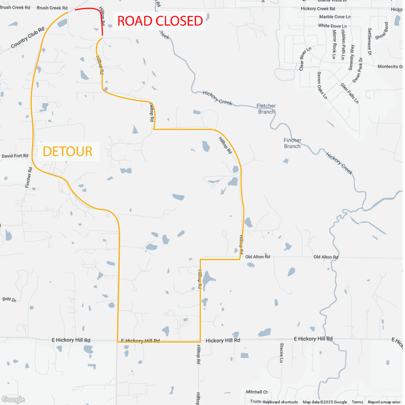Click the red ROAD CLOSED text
click(160, 21)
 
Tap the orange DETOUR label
click(67, 151)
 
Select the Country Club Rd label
click(28, 38)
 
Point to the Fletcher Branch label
click(266, 109)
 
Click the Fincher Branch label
click(292, 143)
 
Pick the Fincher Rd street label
click(29, 178)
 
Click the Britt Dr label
click(9, 300)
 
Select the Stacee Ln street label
click(281, 353)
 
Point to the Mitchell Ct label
click(256, 392)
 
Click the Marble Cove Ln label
click(335, 17)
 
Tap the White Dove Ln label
click(332, 26)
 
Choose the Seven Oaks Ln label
click(322, 85)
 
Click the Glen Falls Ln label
click(350, 93)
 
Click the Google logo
click(13, 399)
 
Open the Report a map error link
click(384, 402)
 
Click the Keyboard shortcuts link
click(281, 402)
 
